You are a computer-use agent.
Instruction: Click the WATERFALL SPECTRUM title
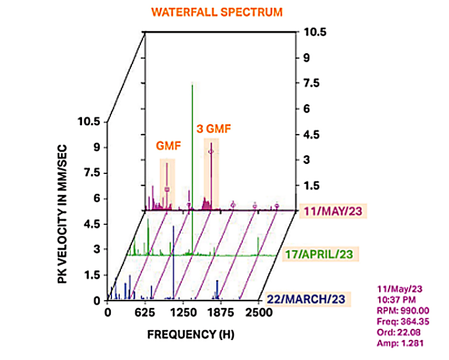[225, 12]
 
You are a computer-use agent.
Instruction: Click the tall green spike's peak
[192, 85]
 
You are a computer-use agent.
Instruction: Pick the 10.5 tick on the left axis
[89, 122]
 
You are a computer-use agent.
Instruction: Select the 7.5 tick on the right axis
[309, 83]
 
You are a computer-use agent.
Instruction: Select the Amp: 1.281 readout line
[399, 341]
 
